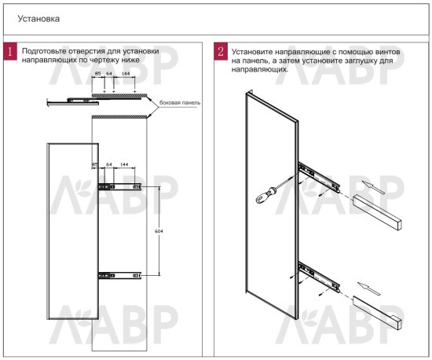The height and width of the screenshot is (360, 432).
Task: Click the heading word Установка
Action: tap(38, 19)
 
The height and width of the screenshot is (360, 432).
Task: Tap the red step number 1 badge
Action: tap(10, 51)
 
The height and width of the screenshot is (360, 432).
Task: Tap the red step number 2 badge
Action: tap(221, 51)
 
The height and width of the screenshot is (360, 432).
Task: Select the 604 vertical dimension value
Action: tap(159, 231)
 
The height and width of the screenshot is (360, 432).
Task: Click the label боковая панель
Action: tap(180, 102)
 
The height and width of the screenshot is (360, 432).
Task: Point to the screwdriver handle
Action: tap(265, 195)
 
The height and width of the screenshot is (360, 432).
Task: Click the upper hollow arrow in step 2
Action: tap(372, 187)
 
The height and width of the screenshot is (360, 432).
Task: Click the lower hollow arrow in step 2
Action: tap(369, 288)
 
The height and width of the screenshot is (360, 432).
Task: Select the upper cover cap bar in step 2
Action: tap(376, 212)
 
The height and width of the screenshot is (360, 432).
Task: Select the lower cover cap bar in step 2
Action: tap(376, 313)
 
